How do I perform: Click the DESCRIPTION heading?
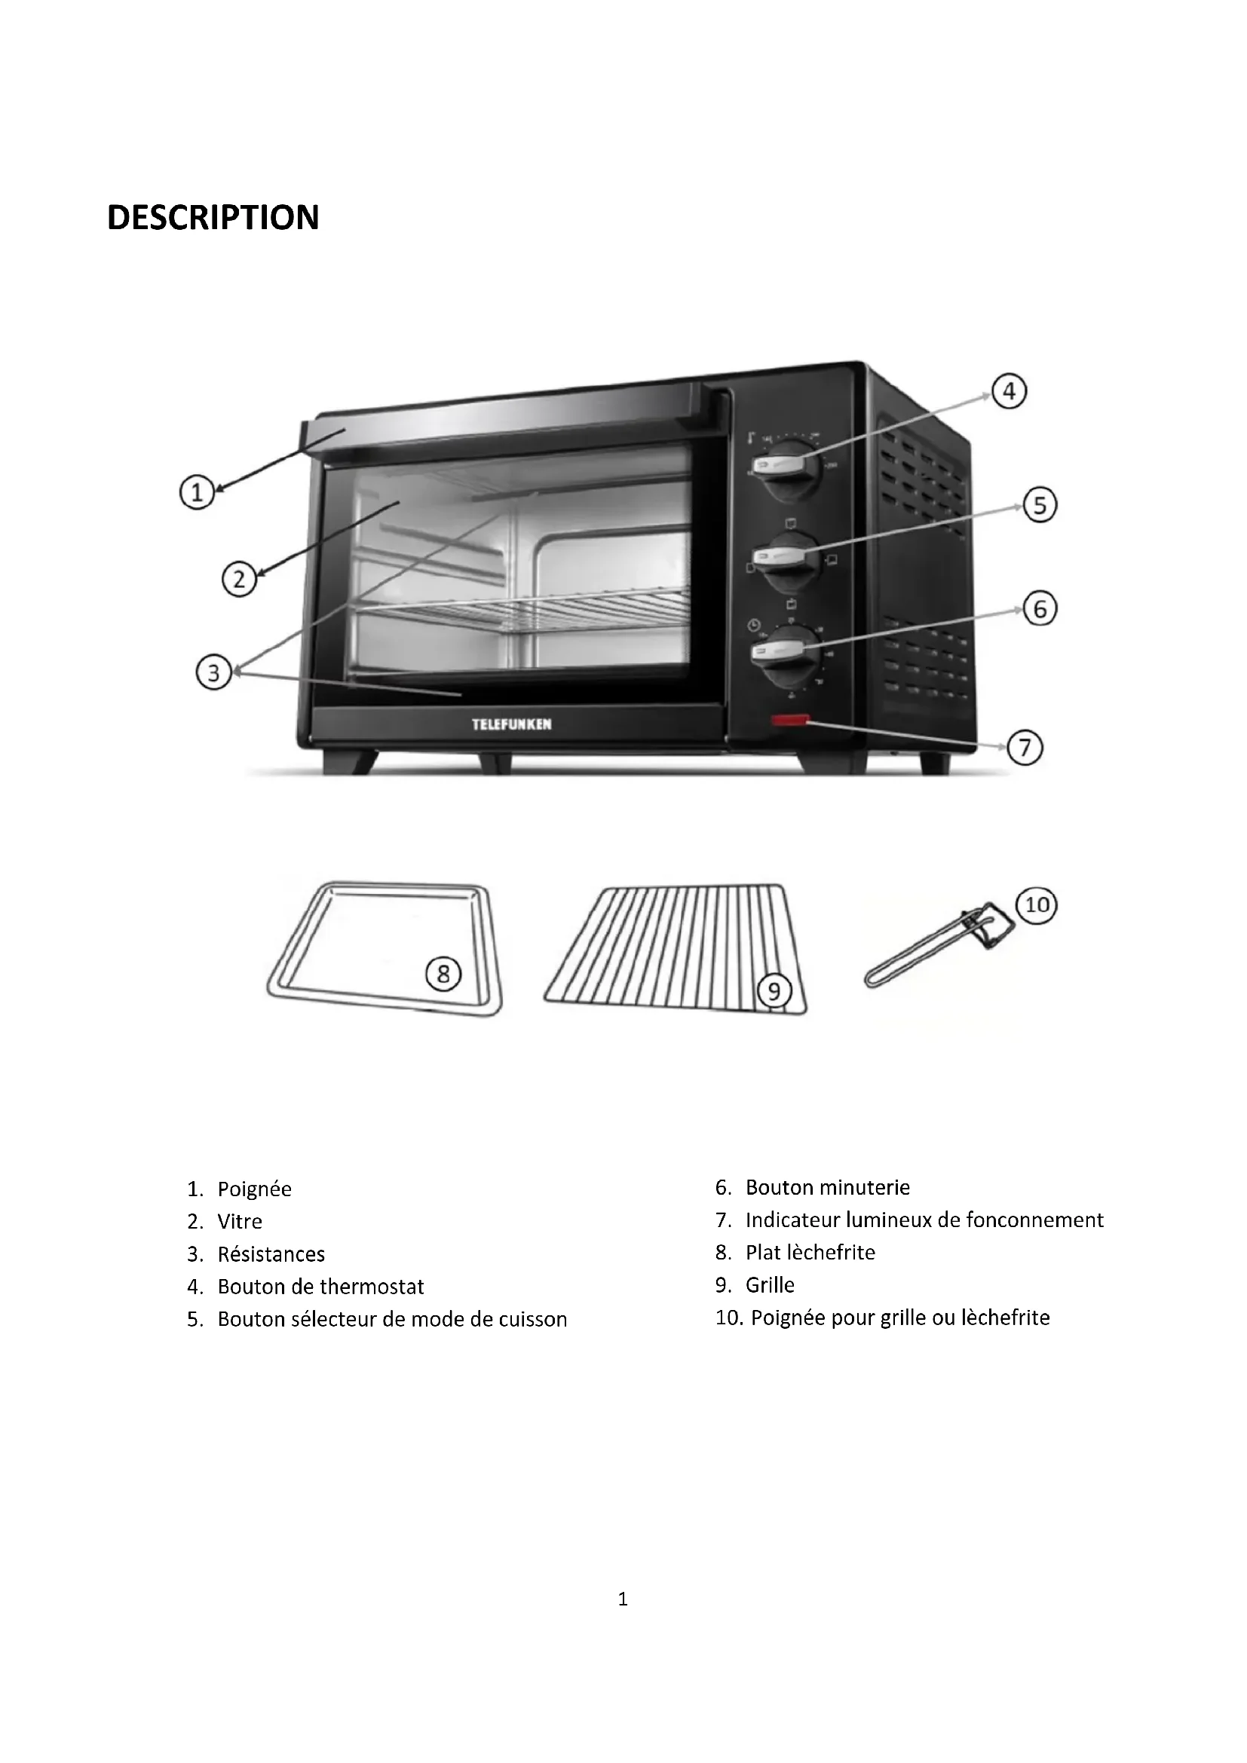point(213,217)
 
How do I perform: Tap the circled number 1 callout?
point(197,492)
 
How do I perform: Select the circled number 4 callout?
point(1009,392)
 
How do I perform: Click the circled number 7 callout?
point(1025,747)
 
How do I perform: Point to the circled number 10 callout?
point(1037,905)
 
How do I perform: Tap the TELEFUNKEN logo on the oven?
point(511,724)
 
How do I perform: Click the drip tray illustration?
point(384,949)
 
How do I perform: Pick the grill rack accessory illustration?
point(676,949)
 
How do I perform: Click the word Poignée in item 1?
point(254,1189)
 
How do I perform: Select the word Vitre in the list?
point(240,1222)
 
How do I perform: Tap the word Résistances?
point(271,1255)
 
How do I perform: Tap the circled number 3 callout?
point(213,673)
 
